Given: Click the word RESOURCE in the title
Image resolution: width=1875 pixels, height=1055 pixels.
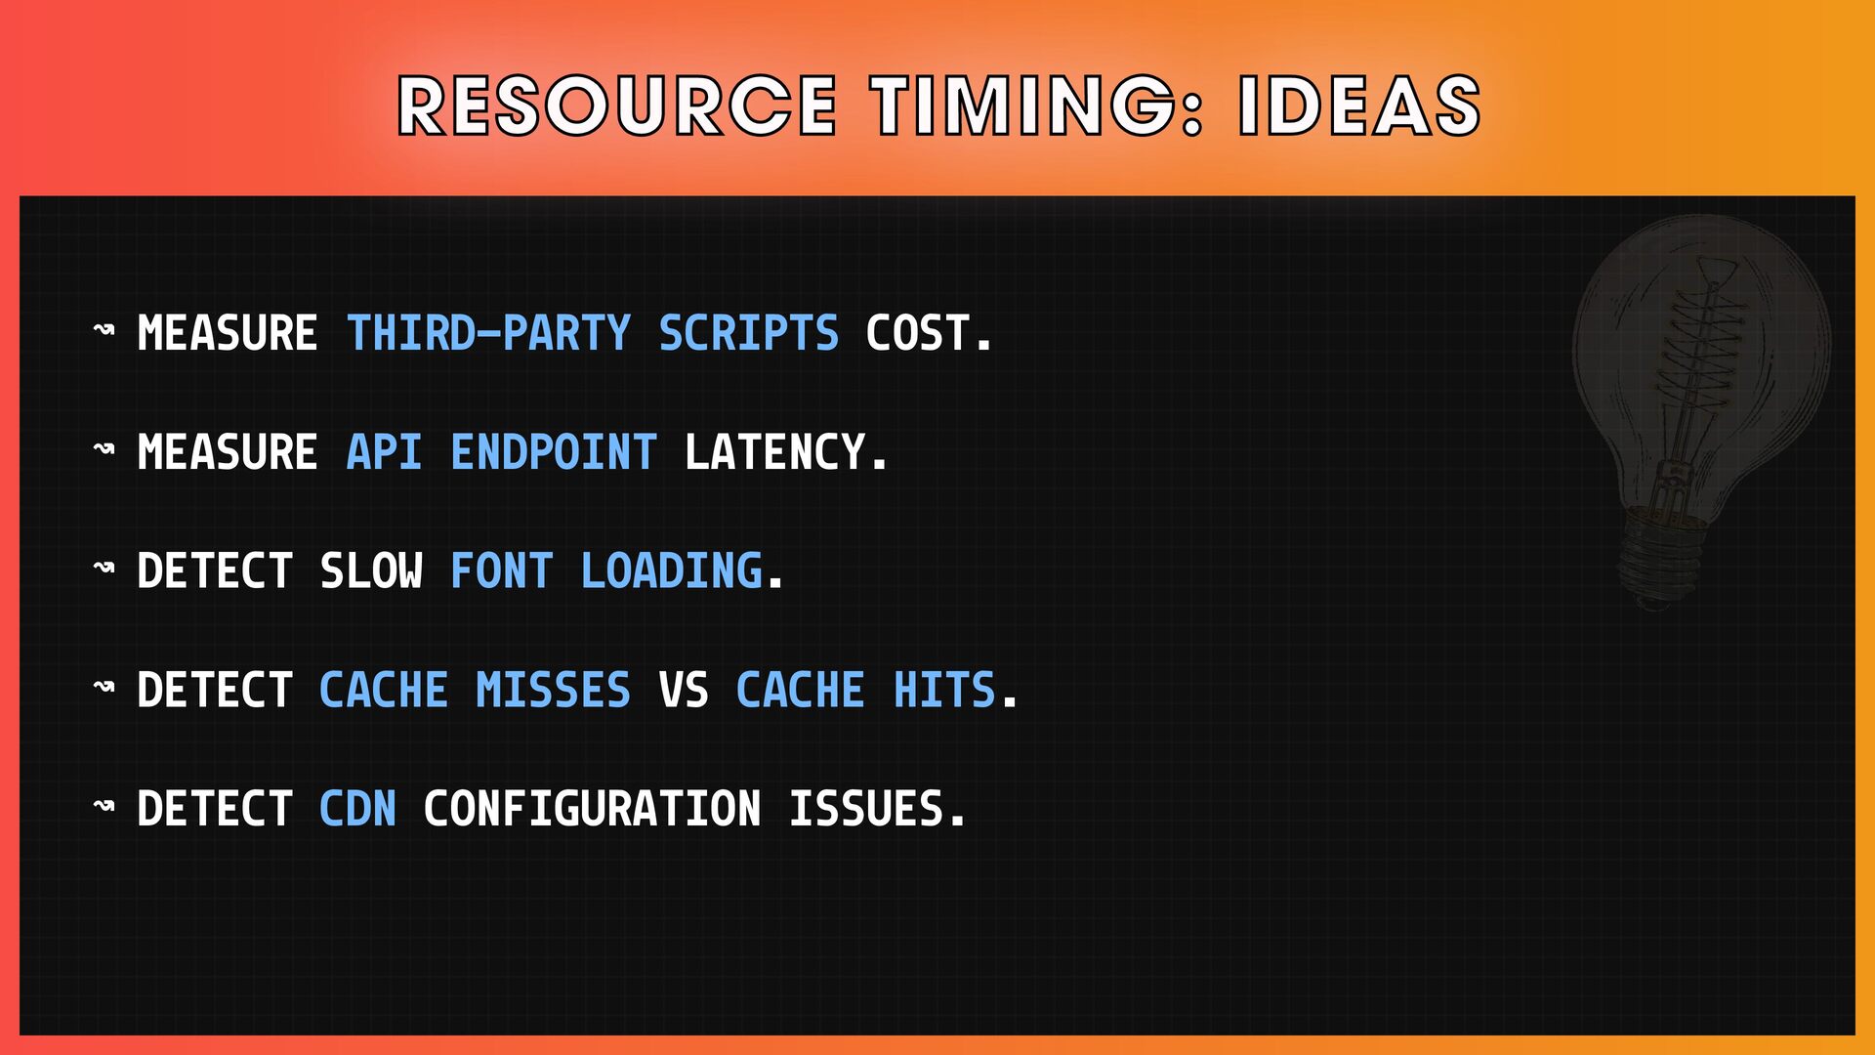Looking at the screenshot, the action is (617, 105).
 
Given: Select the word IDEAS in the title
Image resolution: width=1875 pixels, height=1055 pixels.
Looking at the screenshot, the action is (1359, 105).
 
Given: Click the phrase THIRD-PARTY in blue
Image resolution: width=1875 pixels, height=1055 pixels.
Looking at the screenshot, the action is (489, 333).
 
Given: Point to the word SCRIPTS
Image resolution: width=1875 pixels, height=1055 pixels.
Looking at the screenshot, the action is (749, 333).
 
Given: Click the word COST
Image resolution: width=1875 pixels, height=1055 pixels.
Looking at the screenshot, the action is (929, 333).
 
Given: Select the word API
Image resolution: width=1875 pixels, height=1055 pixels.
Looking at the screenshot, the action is (385, 452).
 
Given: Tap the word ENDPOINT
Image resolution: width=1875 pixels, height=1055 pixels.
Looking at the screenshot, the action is (554, 452).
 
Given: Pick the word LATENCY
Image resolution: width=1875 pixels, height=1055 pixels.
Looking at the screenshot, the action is (786, 452).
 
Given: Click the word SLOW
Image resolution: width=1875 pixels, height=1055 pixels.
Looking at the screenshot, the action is (372, 571).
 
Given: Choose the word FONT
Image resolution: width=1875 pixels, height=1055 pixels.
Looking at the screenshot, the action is (502, 571).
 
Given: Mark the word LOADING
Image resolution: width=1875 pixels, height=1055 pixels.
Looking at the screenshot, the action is (672, 571).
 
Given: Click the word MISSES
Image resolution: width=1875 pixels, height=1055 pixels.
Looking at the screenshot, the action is (554, 691).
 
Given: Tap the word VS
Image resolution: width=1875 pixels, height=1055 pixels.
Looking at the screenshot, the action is (684, 691).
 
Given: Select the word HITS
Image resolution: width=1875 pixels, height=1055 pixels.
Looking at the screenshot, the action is (944, 691).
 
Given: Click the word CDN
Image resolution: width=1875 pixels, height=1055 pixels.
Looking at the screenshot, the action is (358, 809).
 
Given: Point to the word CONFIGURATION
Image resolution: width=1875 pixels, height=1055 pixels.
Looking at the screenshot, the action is (592, 809).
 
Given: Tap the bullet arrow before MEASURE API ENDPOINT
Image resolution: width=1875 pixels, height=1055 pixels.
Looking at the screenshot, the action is (104, 449).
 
